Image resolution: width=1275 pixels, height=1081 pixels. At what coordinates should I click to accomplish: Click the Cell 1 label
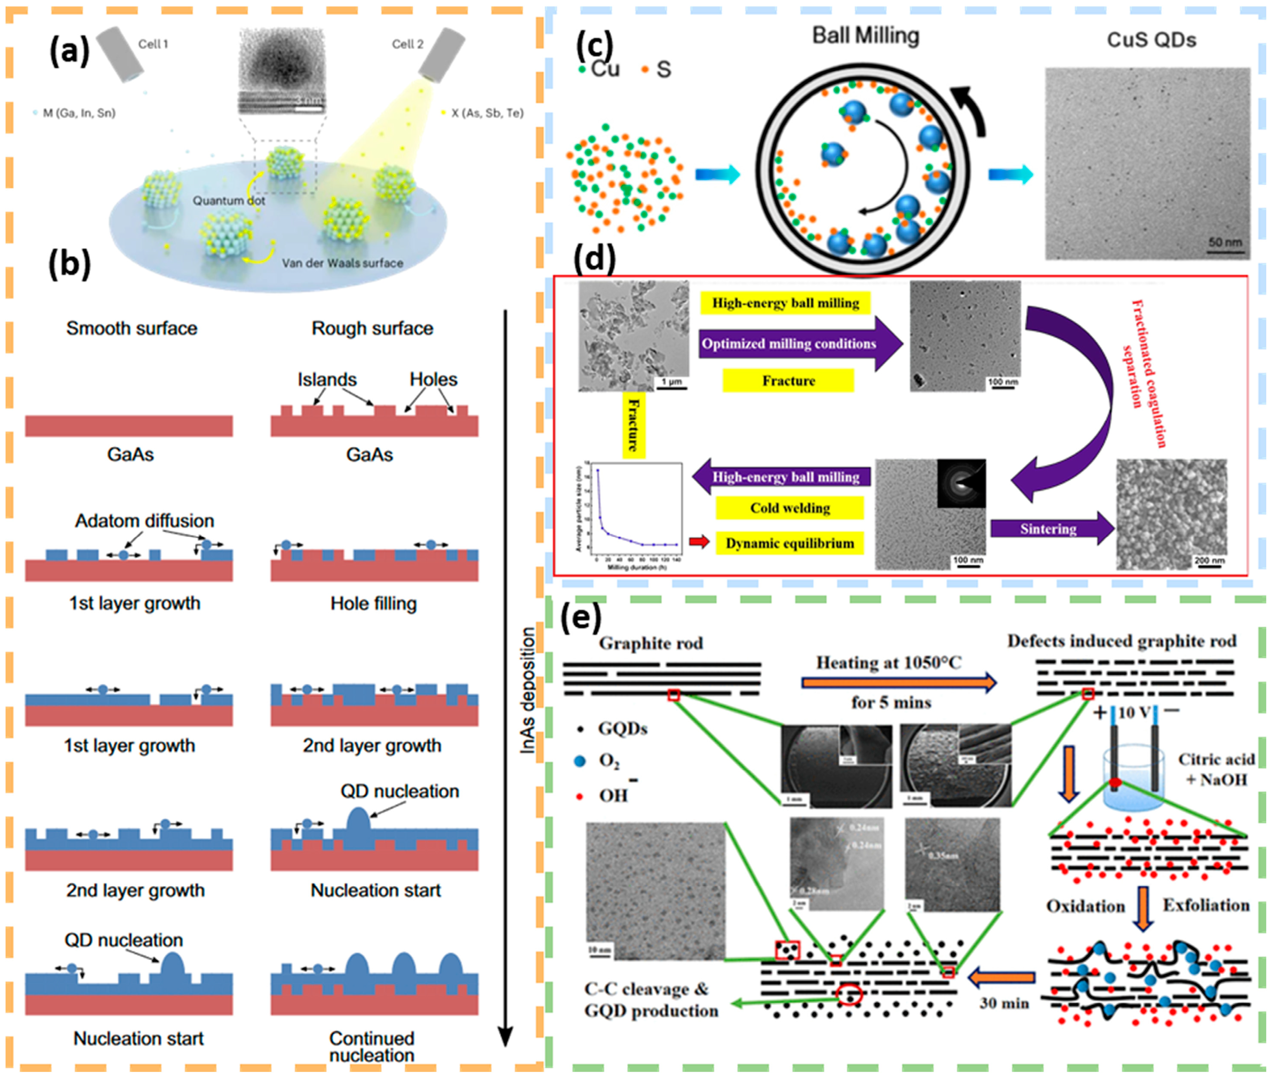pyautogui.click(x=153, y=44)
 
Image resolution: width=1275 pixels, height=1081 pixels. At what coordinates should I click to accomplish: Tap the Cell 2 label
pyautogui.click(x=407, y=44)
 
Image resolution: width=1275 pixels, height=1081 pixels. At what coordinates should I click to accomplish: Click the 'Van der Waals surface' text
pyautogui.click(x=342, y=263)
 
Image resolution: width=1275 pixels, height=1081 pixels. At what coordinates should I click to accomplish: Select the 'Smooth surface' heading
pyautogui.click(x=132, y=329)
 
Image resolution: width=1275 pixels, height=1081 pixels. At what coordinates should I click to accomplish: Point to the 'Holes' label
pyautogui.click(x=433, y=379)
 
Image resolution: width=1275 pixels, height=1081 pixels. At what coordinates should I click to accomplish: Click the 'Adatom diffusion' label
pyautogui.click(x=144, y=521)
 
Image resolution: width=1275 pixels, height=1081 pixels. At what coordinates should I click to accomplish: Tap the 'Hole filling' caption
pyautogui.click(x=373, y=604)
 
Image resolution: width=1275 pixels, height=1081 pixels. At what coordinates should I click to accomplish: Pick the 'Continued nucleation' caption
pyautogui.click(x=372, y=1047)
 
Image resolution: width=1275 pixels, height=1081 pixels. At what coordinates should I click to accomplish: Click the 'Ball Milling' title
pyautogui.click(x=865, y=36)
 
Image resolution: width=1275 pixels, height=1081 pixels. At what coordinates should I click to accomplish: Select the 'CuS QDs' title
pyautogui.click(x=1151, y=40)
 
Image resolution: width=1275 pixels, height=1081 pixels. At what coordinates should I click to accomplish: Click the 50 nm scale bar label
pyautogui.click(x=1225, y=243)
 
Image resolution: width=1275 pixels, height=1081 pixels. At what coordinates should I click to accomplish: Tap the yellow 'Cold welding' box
pyautogui.click(x=790, y=508)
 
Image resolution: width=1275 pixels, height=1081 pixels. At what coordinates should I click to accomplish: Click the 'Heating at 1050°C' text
pyautogui.click(x=888, y=663)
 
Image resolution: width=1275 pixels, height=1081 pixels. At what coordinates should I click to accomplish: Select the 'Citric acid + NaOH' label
pyautogui.click(x=1216, y=770)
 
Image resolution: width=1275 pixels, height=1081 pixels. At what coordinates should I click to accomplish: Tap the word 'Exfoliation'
pyautogui.click(x=1206, y=905)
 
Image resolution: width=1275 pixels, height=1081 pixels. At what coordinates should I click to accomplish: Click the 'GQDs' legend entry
pyautogui.click(x=622, y=729)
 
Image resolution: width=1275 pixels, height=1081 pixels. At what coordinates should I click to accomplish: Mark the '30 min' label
pyautogui.click(x=1004, y=1003)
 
